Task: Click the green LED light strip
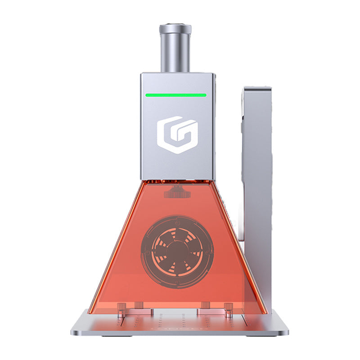[175, 95]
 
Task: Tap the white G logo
[177, 135]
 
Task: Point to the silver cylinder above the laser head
[175, 49]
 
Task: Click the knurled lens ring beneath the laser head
[175, 193]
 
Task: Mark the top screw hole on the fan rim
[177, 221]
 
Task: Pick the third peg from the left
[205, 306]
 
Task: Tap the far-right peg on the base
[229, 310]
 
